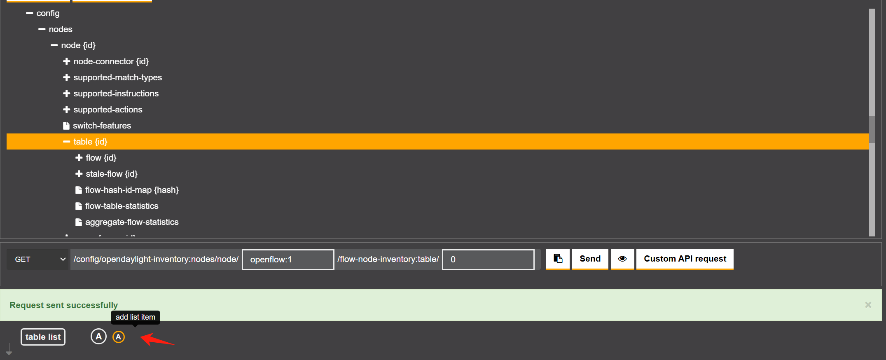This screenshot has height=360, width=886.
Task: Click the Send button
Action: click(x=590, y=259)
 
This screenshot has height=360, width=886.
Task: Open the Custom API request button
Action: click(x=685, y=259)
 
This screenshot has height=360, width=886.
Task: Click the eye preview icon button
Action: click(x=622, y=259)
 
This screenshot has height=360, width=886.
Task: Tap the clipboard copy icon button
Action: click(x=558, y=259)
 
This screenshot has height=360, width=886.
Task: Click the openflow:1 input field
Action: click(x=288, y=260)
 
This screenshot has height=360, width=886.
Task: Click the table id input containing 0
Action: click(x=488, y=260)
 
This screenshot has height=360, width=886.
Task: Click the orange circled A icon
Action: click(x=119, y=337)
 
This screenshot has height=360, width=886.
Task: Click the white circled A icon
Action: click(x=98, y=337)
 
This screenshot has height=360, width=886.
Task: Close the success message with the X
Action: click(x=868, y=305)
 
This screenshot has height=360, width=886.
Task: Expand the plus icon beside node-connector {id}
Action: click(x=66, y=61)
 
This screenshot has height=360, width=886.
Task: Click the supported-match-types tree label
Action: click(x=117, y=77)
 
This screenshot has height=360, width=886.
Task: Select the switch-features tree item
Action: click(x=102, y=126)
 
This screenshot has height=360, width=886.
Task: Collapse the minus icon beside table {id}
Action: click(x=66, y=142)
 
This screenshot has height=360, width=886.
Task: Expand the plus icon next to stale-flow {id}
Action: click(x=79, y=174)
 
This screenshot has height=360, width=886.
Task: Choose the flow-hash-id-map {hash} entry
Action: click(x=131, y=190)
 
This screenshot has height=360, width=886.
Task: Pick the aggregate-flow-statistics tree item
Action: click(x=131, y=222)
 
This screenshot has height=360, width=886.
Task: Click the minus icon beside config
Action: click(x=29, y=13)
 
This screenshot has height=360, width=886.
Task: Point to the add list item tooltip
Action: click(x=135, y=317)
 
